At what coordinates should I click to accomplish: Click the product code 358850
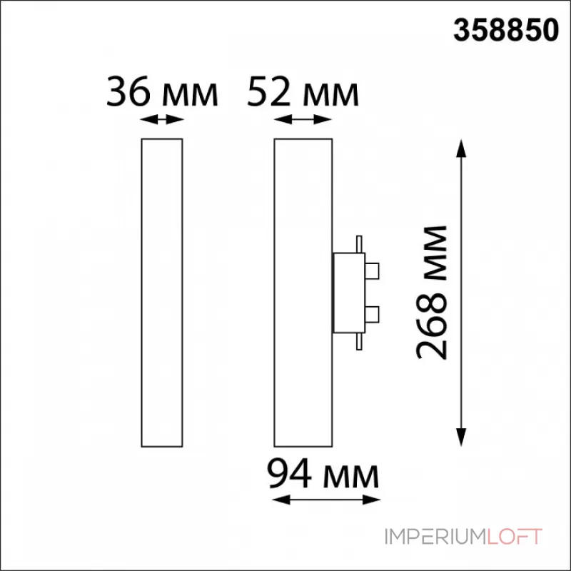pyautogui.click(x=506, y=30)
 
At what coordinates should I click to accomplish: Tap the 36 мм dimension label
pyautogui.click(x=162, y=92)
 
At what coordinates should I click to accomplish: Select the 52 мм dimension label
pyautogui.click(x=303, y=92)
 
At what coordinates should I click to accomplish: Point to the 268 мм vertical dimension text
pyautogui.click(x=431, y=293)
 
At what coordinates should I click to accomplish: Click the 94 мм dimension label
pyautogui.click(x=323, y=474)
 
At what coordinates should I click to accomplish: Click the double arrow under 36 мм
pyautogui.click(x=162, y=119)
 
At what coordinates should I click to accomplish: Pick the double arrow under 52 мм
pyautogui.click(x=303, y=119)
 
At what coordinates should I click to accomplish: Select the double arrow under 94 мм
pyautogui.click(x=326, y=500)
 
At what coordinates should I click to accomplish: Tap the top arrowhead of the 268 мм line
pyautogui.click(x=461, y=148)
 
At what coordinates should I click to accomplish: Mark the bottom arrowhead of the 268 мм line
pyautogui.click(x=461, y=437)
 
